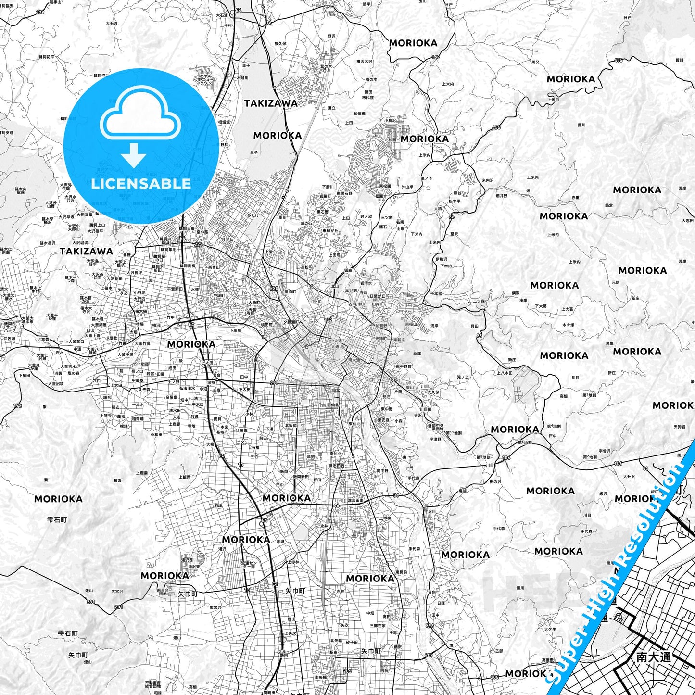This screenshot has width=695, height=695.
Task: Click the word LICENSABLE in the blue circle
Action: point(141,184)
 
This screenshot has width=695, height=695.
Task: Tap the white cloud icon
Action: point(140,117)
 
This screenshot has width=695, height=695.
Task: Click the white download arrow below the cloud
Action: point(134,155)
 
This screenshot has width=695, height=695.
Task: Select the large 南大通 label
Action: point(653,657)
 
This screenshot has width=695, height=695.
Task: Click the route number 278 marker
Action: point(40,12)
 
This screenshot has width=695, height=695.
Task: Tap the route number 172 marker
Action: point(18,405)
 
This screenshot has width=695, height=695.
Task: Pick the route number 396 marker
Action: point(430,626)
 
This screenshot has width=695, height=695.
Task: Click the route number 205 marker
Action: point(347,671)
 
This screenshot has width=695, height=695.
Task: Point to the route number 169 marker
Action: point(436,57)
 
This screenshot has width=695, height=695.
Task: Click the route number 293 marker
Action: point(274,383)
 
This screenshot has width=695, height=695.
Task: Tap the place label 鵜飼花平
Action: point(47,57)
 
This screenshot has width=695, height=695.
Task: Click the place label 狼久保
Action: point(280,43)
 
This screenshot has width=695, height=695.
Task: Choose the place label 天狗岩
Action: point(680,427)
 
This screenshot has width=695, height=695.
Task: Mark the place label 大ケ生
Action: point(550,629)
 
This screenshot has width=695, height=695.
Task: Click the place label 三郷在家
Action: point(378,626)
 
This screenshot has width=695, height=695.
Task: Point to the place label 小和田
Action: point(156,434)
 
